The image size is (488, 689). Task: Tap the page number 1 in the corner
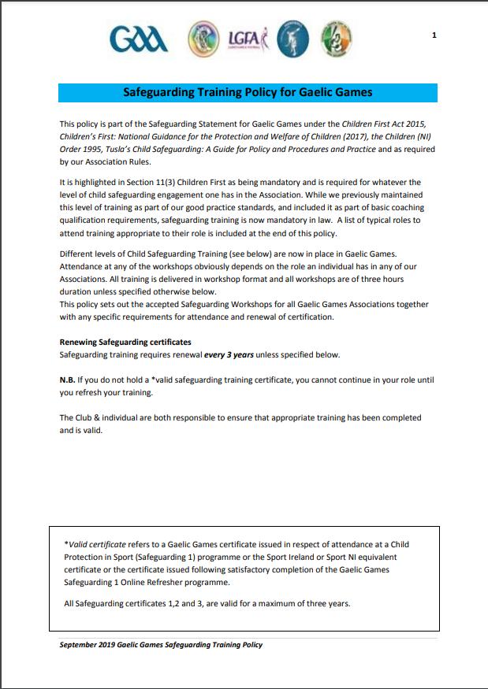[434, 35]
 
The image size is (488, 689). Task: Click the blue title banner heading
[248, 92]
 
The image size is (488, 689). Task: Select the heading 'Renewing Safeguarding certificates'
[125, 343]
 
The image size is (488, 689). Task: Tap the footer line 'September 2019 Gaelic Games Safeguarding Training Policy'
[161, 645]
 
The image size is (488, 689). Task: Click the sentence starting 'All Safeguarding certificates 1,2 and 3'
[207, 604]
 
